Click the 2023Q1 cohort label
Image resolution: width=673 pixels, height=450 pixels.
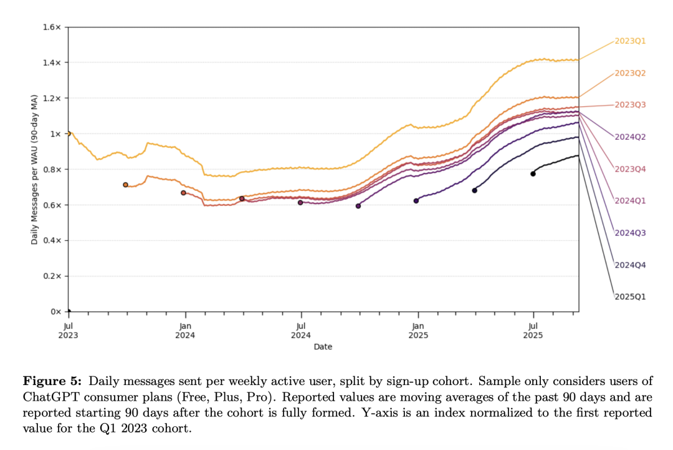point(630,41)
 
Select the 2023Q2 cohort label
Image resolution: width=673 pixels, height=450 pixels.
point(630,73)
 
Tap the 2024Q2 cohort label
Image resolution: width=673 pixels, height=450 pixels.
point(630,137)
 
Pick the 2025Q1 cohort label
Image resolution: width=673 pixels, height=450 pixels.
point(630,296)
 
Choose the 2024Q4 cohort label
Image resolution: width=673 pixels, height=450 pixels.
point(630,265)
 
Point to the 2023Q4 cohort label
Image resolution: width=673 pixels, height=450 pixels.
point(630,169)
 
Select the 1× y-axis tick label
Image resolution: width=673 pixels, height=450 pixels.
point(55,134)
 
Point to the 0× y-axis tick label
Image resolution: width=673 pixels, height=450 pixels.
point(55,311)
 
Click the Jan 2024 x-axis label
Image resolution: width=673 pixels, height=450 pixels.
point(185,331)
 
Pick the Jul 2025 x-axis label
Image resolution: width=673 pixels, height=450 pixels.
point(533,331)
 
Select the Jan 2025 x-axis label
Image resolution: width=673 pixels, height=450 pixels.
point(418,331)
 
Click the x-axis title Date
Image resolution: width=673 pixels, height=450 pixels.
point(323,346)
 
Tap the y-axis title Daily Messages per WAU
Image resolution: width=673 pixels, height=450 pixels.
point(34,170)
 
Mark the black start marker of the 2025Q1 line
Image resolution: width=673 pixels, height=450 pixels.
point(533,174)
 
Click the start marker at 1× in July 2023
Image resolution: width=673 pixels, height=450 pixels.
point(69,134)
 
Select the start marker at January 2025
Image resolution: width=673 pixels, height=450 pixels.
point(416,201)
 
